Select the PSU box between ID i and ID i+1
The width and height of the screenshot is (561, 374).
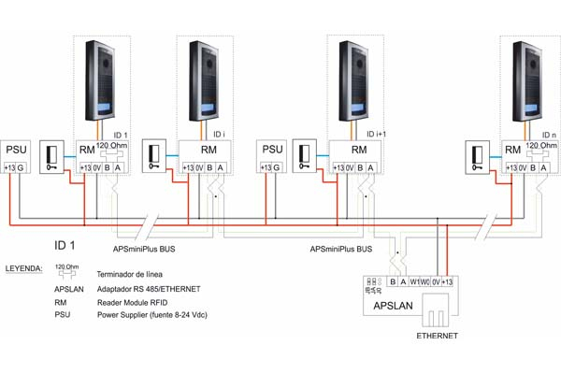coord(272,156)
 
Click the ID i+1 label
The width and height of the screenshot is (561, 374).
coord(378,134)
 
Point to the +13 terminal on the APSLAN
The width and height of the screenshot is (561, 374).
coord(446,280)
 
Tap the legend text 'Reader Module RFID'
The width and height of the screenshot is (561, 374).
coord(135,303)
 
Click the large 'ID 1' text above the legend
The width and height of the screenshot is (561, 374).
coord(66,245)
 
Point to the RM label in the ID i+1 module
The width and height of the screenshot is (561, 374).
coord(360,150)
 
